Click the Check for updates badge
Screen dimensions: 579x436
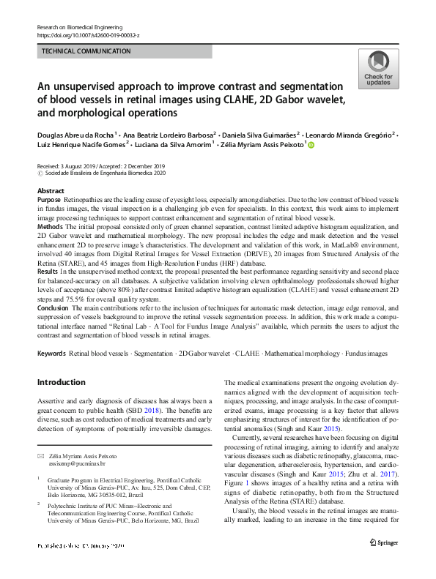click(x=377, y=70)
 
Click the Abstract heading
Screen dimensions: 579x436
click(x=51, y=190)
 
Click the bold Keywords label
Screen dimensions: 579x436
click(x=51, y=354)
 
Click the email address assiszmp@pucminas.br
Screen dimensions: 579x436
click(x=78, y=463)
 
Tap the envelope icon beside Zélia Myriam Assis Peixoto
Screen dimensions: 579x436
click(x=40, y=456)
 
